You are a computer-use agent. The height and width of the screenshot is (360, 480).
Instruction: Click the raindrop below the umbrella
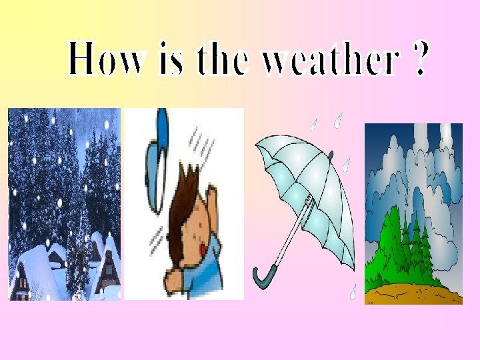[353, 291]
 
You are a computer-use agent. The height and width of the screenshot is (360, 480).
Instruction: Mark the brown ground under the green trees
[413, 291]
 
